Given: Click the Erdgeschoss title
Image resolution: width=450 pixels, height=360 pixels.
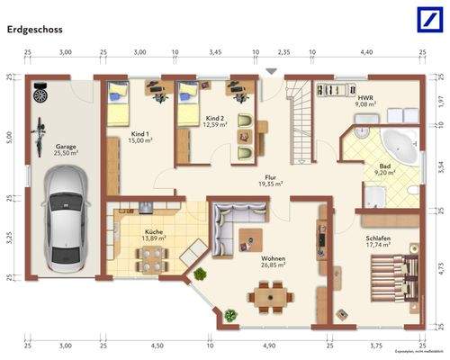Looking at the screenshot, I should coord(36,29).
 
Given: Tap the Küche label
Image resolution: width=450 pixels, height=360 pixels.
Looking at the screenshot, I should coord(154,233).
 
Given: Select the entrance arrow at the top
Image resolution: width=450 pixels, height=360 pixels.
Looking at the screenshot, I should coord(271,70).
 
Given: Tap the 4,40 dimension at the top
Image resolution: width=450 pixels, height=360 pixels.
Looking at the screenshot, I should coord(366,53).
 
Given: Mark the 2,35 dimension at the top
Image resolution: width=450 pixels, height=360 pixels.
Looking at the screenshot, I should coord(283,53).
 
